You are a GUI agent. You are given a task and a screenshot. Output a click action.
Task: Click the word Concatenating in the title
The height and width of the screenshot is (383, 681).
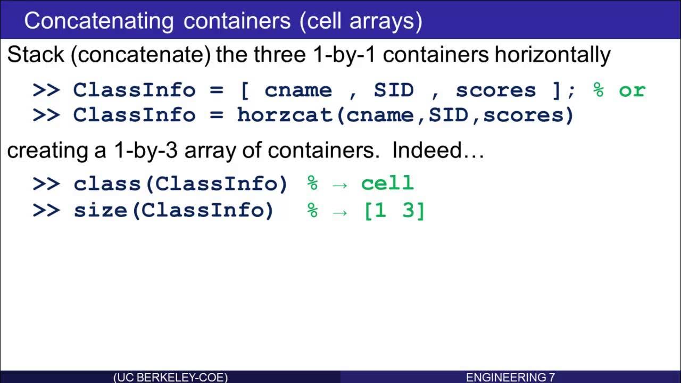pos(99,21)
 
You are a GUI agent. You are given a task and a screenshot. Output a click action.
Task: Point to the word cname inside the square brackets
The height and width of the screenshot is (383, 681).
pos(298,90)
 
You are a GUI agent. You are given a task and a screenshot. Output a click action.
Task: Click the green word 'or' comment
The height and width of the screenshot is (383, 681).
pos(632,90)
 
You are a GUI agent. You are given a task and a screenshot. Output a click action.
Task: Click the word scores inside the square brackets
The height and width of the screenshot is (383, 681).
pos(496,90)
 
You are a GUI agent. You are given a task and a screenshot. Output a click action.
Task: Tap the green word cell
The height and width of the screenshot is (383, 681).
pos(387,184)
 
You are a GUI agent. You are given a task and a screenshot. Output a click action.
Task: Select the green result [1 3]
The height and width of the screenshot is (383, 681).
pos(394,211)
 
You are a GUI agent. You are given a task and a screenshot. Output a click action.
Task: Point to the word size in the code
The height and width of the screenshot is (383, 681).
pos(101,211)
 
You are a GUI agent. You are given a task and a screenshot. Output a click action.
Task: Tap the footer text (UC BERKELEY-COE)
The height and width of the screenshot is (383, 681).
pos(170,377)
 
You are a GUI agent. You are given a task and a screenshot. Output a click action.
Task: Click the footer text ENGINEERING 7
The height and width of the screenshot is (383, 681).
pos(510,377)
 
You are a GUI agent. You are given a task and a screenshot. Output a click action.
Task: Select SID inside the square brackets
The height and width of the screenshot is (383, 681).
pos(394,90)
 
